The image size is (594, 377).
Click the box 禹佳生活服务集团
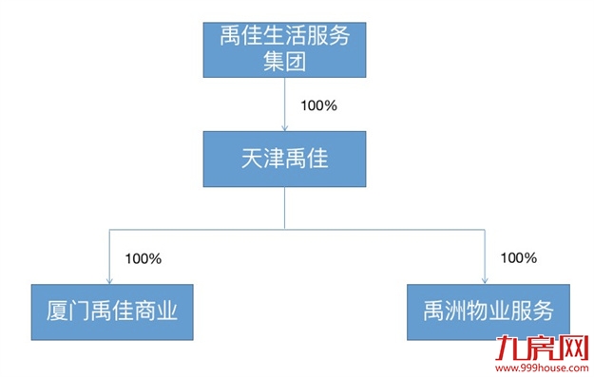285,50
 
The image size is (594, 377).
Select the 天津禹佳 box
285,159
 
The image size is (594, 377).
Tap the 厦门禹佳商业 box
112,311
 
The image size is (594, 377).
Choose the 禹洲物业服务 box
489,311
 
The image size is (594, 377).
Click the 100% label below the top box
317,105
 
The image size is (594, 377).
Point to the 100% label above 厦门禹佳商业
144,257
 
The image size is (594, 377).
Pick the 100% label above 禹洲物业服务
519,257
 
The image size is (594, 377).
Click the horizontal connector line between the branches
285,229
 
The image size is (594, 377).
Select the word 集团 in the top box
285,63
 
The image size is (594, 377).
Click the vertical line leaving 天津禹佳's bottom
285,209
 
